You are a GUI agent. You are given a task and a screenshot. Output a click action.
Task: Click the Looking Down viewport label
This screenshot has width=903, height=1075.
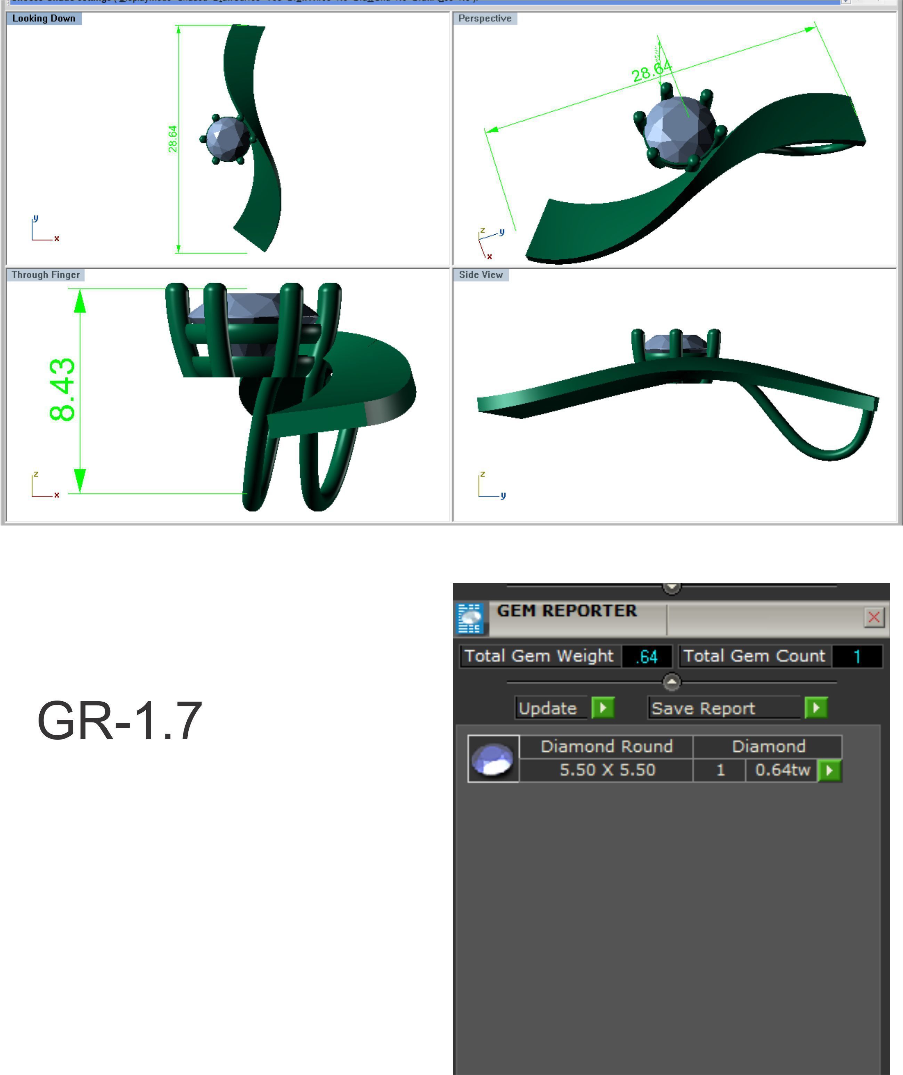(43, 18)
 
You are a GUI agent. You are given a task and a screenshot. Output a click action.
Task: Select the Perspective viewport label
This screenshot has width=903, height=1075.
(484, 18)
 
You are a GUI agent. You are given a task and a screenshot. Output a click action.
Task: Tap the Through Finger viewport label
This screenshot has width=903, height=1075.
(46, 275)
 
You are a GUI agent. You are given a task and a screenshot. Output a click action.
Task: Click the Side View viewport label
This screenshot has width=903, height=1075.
(481, 275)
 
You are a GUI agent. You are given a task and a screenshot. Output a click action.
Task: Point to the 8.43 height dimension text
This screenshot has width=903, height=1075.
(63, 390)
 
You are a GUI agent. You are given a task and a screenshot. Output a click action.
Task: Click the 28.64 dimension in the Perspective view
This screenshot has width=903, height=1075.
(651, 71)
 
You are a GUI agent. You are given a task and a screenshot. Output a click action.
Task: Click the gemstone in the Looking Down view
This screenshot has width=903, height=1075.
(227, 139)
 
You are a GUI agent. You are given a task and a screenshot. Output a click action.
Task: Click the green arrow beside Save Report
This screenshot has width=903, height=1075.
(815, 708)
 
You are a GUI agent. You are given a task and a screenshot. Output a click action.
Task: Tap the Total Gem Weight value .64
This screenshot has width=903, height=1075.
(646, 656)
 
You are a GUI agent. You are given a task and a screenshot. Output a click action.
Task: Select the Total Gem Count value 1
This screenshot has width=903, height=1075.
(857, 656)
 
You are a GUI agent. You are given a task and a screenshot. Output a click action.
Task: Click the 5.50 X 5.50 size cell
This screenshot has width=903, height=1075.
(607, 770)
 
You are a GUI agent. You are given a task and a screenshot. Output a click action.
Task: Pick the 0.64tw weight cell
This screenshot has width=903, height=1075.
(782, 770)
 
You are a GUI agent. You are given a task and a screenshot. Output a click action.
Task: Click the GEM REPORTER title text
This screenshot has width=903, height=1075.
(567, 611)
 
